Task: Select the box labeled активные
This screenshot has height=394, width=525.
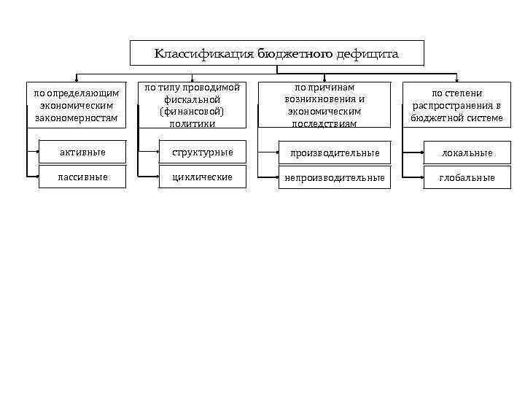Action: pos(82,152)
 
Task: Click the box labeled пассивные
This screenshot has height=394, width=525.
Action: pos(82,177)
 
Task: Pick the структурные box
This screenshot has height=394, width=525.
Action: pos(202,152)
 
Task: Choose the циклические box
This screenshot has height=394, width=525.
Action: pos(202,177)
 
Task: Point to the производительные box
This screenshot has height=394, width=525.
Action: pos(335,152)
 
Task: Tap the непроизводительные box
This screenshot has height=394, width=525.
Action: pos(335,177)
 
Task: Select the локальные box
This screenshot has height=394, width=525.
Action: pos(467,152)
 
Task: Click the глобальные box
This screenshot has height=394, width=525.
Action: pos(467,177)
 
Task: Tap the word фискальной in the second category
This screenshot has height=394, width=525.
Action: pos(192,100)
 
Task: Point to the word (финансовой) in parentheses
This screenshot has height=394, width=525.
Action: pos(192,112)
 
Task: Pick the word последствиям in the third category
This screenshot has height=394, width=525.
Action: pos(325,123)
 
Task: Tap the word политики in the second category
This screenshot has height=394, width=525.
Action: pos(192,123)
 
